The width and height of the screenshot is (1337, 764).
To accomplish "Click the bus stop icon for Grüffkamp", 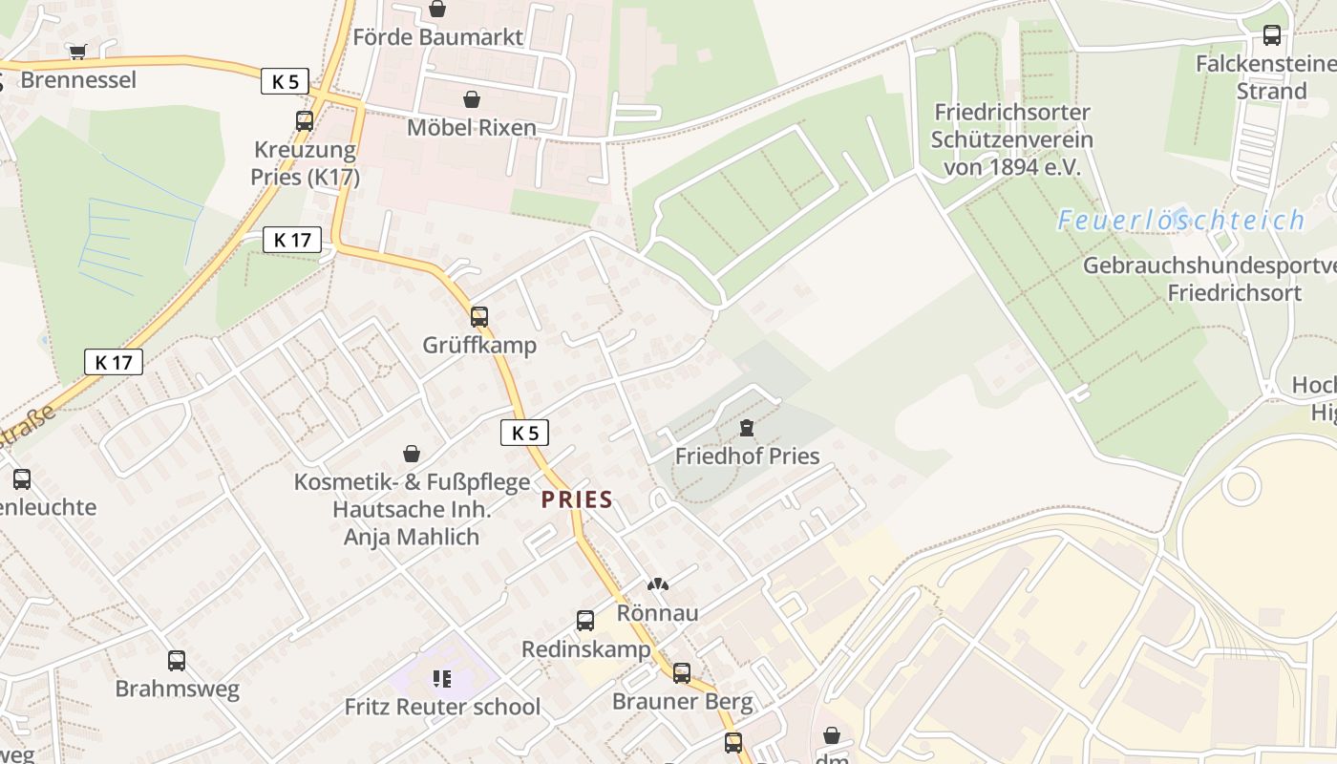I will tap(479, 316).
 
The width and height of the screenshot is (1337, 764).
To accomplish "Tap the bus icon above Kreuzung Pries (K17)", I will tap(305, 121).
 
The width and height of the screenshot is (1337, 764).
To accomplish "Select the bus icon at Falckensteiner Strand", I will tap(1271, 35).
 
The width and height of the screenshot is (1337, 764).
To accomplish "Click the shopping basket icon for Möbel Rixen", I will tap(471, 99).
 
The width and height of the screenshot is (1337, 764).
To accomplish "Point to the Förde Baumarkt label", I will tap(438, 37).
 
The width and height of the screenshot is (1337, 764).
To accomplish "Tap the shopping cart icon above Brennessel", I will tap(77, 51).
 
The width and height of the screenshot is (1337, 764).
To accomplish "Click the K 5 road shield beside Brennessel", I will tap(285, 81).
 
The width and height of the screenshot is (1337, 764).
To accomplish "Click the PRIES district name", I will tap(577, 499).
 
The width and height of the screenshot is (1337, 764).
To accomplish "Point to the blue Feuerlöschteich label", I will tap(1180, 221).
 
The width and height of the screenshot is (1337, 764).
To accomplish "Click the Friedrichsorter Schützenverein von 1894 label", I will tap(1012, 139).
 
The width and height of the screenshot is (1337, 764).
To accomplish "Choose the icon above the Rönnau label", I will tap(657, 584).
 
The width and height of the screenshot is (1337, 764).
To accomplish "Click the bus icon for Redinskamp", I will tap(585, 621).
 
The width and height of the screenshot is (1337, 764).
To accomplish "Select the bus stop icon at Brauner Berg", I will tap(682, 673).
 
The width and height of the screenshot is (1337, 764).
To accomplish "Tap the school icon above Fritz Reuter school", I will tap(441, 679).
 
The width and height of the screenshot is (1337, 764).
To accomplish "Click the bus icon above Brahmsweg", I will tap(177, 660).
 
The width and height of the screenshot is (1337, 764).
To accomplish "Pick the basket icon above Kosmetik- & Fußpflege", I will tap(412, 454).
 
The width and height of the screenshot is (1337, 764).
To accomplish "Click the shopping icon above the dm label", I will tap(832, 735).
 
